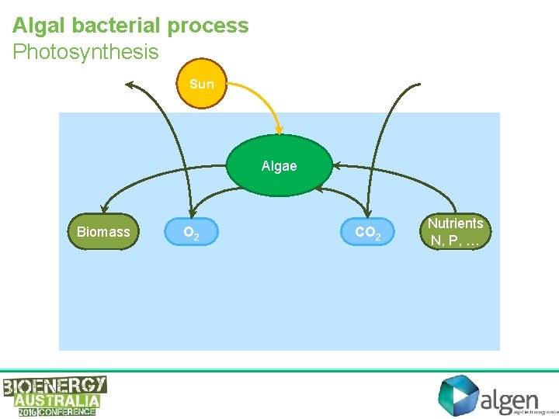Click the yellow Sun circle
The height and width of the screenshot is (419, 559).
point(201,84)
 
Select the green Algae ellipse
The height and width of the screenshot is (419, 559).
point(279,166)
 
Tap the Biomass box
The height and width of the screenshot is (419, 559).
point(103,232)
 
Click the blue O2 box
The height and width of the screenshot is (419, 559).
point(191,232)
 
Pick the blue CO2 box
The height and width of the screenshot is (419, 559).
point(368,232)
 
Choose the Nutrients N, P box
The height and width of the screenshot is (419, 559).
point(457,232)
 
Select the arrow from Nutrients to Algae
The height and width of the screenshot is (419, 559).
point(404,175)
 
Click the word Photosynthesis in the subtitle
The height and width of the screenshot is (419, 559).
point(85,52)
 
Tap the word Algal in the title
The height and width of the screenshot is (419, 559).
point(40,25)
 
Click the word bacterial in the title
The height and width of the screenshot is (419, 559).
point(117,25)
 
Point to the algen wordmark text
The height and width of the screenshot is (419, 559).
point(509,400)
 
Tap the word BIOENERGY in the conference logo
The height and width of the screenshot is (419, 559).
point(54,386)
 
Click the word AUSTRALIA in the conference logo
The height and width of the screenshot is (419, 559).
point(57,400)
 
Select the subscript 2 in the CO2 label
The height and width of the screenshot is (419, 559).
point(378,237)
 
